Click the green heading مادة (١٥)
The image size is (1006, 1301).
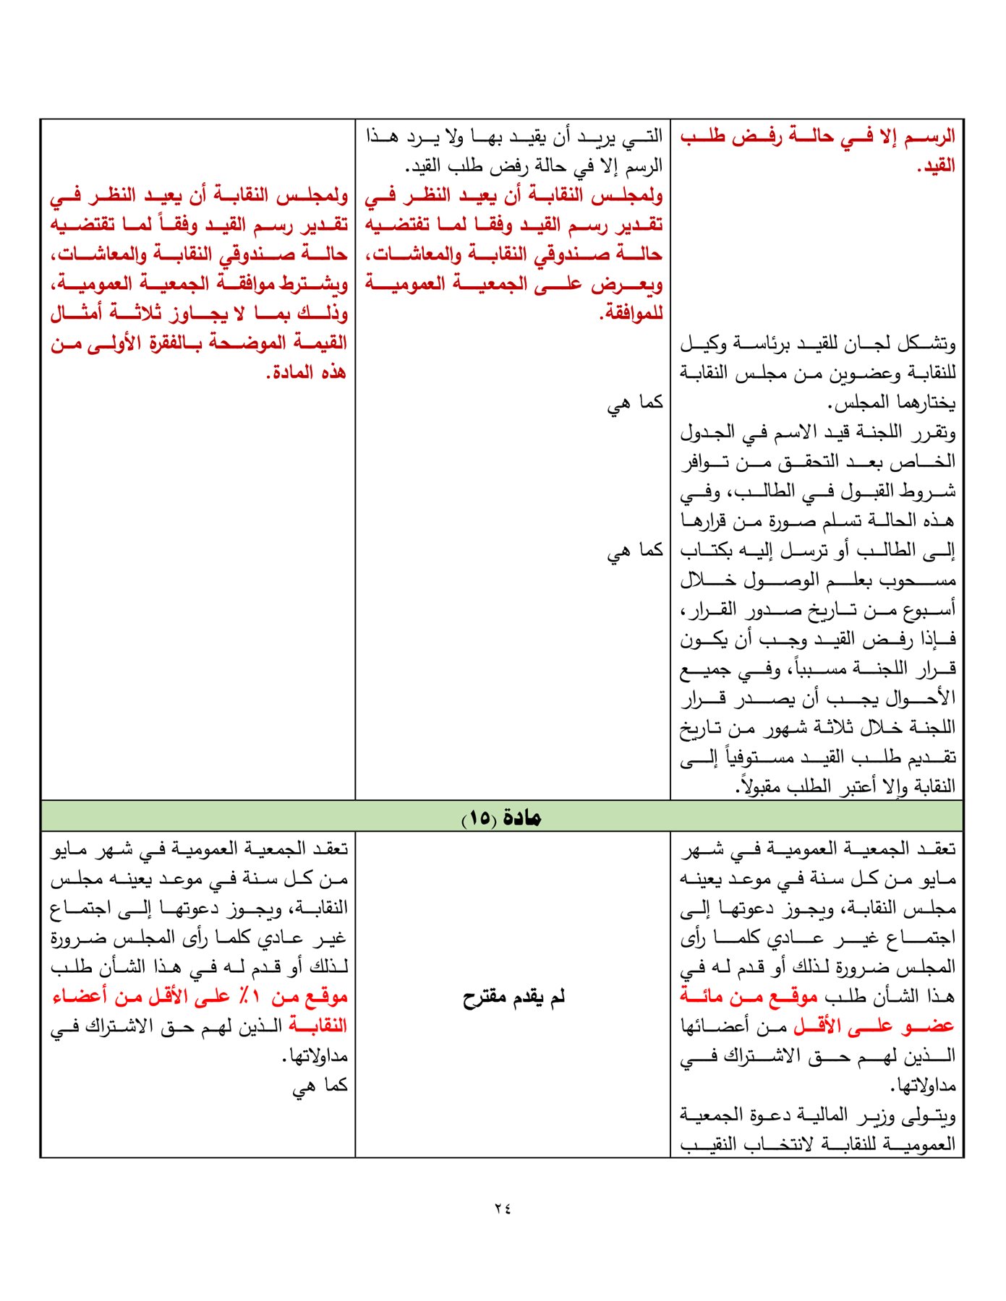tap(502, 817)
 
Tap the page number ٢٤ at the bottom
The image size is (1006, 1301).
tap(503, 1208)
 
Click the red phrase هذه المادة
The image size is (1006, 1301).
tap(307, 373)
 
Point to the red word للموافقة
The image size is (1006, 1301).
tap(631, 314)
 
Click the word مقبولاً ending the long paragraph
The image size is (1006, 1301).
tap(755, 786)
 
